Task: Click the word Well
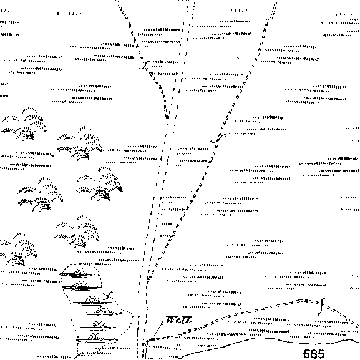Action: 178,320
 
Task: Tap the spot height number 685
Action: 314,354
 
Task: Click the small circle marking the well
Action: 163,323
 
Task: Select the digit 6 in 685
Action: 307,354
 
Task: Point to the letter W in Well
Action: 171,320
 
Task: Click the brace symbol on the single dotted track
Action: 218,139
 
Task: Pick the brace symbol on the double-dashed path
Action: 321,306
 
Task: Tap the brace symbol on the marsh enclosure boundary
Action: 109,296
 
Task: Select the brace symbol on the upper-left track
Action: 145,65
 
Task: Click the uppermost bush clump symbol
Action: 24,124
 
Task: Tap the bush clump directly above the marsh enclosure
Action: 77,232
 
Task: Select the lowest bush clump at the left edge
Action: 18,250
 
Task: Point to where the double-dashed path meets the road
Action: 148,340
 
